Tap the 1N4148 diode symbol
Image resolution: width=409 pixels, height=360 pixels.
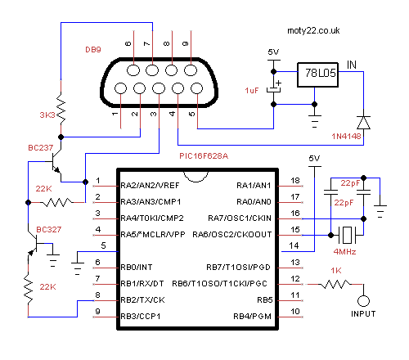click(363, 123)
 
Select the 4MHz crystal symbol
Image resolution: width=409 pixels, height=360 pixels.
click(347, 235)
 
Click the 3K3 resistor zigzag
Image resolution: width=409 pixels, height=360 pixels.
click(61, 108)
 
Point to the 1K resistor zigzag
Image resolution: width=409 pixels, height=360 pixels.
click(335, 284)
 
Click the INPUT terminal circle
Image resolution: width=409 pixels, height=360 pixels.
click(363, 301)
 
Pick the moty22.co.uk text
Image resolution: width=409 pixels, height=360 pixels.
click(313, 30)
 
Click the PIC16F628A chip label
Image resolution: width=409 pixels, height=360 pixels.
click(204, 156)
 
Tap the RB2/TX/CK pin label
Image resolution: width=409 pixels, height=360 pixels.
click(142, 300)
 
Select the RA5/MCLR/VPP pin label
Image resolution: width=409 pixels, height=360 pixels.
click(153, 235)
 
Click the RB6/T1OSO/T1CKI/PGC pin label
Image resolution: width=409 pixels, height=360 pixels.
click(219, 284)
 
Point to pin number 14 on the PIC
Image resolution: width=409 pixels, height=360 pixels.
click(294, 245)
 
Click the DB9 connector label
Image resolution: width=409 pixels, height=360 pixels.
click(93, 50)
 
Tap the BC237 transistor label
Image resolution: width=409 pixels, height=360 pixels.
click(41, 148)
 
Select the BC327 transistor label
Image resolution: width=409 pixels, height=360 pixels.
click(49, 230)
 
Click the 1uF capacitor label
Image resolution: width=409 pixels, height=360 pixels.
click(252, 91)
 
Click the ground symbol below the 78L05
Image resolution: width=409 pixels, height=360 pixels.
click(314, 121)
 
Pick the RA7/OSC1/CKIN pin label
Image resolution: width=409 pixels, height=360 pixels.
click(240, 218)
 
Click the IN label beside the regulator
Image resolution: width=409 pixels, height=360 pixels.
click(352, 65)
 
